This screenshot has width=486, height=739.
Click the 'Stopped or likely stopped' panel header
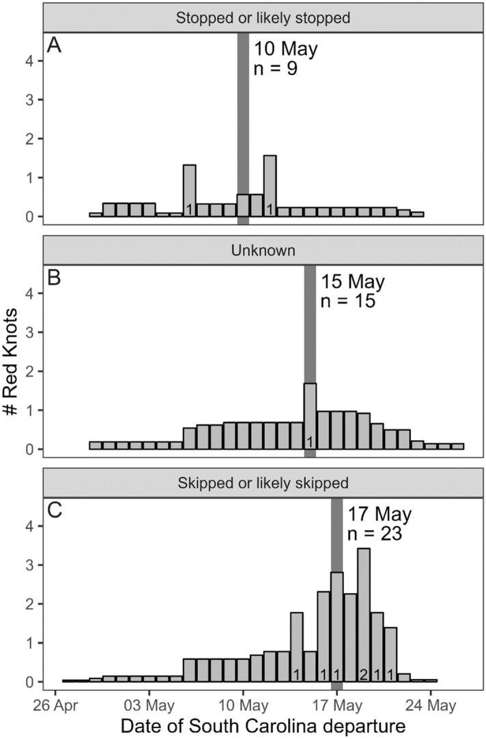(263, 18)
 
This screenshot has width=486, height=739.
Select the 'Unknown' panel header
(263, 250)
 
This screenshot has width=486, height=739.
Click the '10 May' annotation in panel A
(287, 49)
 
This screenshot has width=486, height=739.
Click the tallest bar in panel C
(364, 614)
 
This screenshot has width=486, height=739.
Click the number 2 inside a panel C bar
(364, 674)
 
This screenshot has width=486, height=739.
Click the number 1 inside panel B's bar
(310, 441)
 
